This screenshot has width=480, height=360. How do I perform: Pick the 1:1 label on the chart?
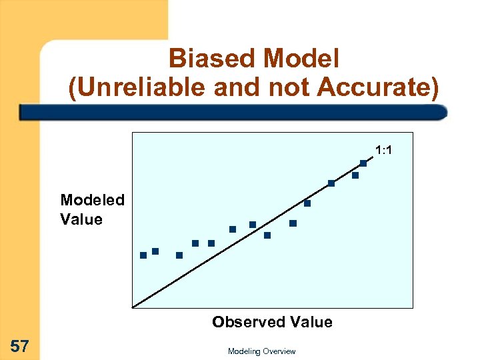(x=383, y=151)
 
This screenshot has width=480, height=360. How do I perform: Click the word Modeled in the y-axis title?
(x=92, y=200)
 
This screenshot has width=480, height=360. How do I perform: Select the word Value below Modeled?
(x=81, y=219)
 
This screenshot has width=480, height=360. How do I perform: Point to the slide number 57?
(x=20, y=345)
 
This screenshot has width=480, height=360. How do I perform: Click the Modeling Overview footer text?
(x=261, y=351)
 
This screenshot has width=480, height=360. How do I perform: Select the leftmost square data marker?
(x=143, y=255)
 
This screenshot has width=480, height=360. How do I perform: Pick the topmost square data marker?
(x=363, y=163)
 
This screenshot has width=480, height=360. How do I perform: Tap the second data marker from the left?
(x=155, y=251)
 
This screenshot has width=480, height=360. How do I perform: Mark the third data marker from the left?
(x=179, y=255)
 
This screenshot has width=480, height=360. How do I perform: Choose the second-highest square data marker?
(x=355, y=175)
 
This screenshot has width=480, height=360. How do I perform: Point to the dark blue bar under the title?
(x=233, y=111)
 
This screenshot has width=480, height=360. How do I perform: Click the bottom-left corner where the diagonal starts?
(x=134, y=307)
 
